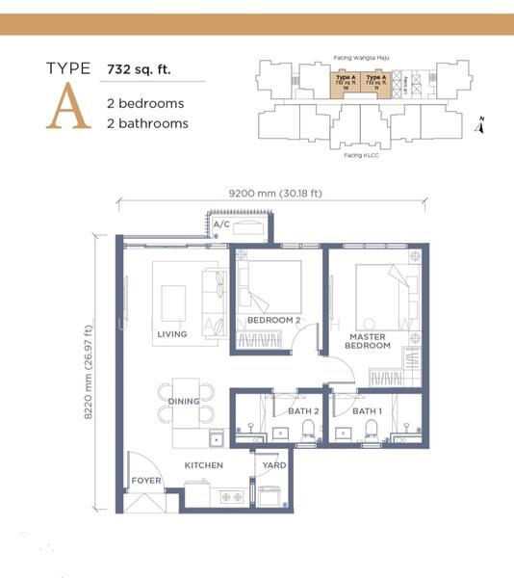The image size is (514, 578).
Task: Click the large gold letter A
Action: click(67, 107)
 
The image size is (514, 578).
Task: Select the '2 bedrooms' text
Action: click(144, 103)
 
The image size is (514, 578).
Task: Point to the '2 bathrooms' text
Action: click(147, 123)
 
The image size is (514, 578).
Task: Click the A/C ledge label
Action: click(221, 224)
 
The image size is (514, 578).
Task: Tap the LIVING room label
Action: click(171, 335)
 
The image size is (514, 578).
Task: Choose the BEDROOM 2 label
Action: click(274, 320)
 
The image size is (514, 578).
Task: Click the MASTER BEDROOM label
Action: click(368, 340)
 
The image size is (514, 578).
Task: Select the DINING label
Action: click(184, 401)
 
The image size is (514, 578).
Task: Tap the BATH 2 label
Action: click(303, 411)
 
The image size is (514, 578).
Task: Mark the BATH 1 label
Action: click(367, 411)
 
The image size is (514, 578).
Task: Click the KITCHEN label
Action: click(204, 465)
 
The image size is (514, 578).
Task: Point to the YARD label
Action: click(273, 465)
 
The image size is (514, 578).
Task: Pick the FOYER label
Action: click(145, 481)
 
